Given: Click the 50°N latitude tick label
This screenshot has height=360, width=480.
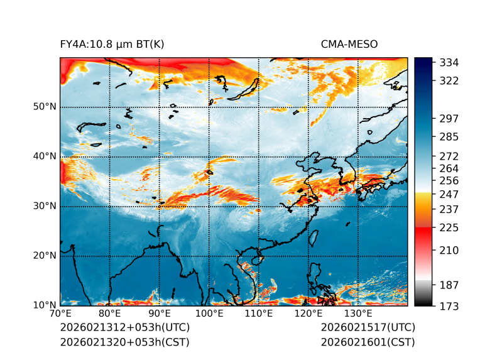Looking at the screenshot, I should tap(45, 107).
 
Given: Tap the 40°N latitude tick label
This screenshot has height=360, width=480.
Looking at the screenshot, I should tap(45, 156).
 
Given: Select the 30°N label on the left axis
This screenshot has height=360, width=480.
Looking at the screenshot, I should tap(45, 206).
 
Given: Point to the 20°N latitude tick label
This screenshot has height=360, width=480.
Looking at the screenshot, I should tap(45, 256).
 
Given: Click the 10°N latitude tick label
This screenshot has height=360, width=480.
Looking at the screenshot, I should tap(45, 305).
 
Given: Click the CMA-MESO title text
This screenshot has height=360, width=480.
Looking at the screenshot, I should tap(349, 45).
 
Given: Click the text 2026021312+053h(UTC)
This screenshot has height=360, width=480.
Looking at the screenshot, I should tap(124, 328).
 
